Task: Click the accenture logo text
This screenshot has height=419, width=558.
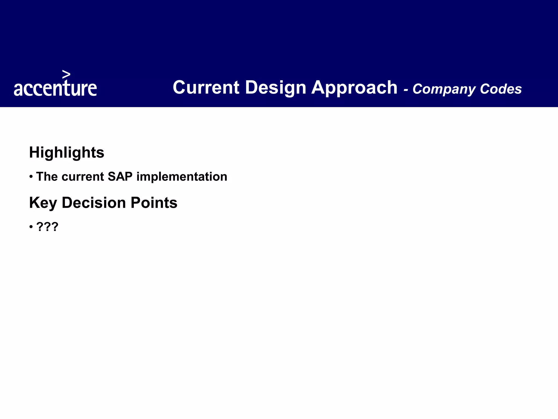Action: [x=55, y=88]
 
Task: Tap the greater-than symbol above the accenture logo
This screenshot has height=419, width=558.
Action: [x=66, y=74]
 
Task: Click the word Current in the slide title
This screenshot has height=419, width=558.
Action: [x=206, y=88]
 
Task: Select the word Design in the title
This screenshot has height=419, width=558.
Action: [x=275, y=88]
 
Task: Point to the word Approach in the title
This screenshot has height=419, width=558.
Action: [x=354, y=88]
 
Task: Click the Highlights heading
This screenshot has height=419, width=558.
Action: [x=66, y=152]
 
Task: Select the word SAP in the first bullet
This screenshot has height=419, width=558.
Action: [x=120, y=176]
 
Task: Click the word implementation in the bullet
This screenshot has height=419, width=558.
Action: [x=182, y=177]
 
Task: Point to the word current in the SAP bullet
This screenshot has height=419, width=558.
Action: [x=83, y=177]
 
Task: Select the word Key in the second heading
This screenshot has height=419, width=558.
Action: [x=43, y=203]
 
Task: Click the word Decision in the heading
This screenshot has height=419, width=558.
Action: [x=94, y=203]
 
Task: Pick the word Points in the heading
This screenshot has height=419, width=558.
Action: [x=154, y=203]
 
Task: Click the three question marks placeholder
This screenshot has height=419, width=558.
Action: [x=47, y=227]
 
